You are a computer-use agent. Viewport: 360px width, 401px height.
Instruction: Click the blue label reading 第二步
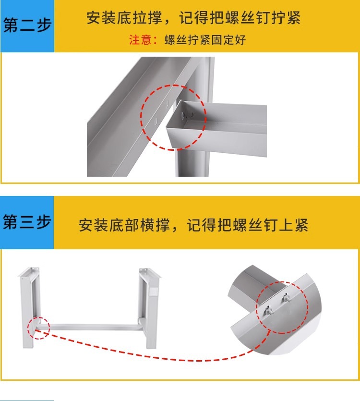pos(27,25)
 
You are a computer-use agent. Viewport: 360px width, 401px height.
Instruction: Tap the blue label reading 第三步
pos(27,222)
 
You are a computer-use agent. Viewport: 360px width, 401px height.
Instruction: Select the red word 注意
pos(140,40)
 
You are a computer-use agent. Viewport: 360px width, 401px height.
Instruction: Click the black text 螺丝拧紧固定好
pos(205,40)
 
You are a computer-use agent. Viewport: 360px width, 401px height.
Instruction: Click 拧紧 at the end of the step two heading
pos(286,18)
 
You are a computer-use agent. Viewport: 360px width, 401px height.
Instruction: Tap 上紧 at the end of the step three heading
pos(293,225)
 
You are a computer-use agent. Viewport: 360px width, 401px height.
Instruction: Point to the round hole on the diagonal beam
pos(155,121)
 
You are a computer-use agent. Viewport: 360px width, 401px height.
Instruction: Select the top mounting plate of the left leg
pos(29,271)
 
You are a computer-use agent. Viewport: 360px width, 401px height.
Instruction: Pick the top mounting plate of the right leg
pos(150,272)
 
